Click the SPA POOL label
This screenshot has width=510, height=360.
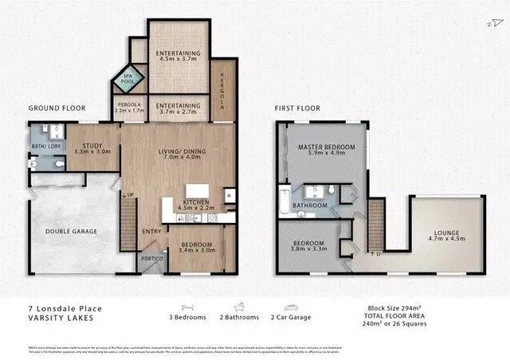tap(127, 77)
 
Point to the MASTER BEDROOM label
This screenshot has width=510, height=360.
tap(326, 147)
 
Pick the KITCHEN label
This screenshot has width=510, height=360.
tap(195, 203)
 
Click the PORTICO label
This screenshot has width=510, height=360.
tap(152, 260)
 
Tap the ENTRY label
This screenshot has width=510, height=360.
tap(151, 232)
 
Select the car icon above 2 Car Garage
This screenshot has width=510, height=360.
tap(291, 306)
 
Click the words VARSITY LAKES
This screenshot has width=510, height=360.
tap(62, 318)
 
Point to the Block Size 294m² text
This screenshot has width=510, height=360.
tap(394, 307)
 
